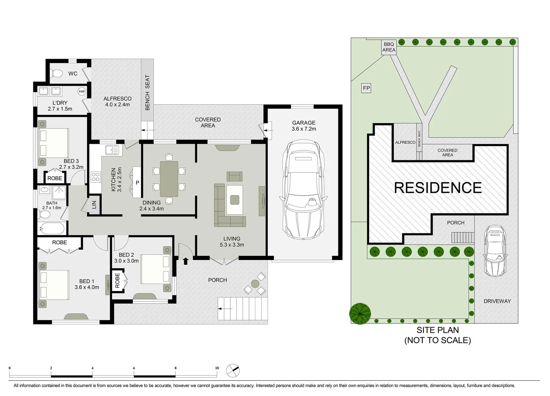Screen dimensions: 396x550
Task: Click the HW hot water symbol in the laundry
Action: (81, 91)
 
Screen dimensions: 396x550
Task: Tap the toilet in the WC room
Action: (57, 73)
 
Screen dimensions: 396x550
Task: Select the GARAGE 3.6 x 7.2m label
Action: (304, 126)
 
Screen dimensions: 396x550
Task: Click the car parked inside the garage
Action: (303, 190)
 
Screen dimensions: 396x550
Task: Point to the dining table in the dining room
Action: (169, 179)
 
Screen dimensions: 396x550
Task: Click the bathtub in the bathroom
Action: (52, 228)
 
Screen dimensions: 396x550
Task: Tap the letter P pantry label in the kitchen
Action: (137, 183)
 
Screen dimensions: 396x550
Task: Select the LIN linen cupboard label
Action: (94, 205)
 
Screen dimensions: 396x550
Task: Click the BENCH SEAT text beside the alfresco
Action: (147, 92)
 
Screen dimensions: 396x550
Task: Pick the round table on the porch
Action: (255, 284)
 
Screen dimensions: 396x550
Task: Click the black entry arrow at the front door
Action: (186, 261)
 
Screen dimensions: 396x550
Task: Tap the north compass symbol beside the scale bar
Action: (233, 370)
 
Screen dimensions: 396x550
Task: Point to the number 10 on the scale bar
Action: (217, 368)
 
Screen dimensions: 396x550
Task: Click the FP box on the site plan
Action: (366, 88)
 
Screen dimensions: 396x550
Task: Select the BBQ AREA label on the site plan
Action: (389, 47)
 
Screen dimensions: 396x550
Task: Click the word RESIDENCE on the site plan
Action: (438, 188)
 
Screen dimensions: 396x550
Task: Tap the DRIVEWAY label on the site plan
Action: (497, 301)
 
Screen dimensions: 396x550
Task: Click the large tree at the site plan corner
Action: (360, 313)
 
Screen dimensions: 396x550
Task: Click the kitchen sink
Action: (112, 150)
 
